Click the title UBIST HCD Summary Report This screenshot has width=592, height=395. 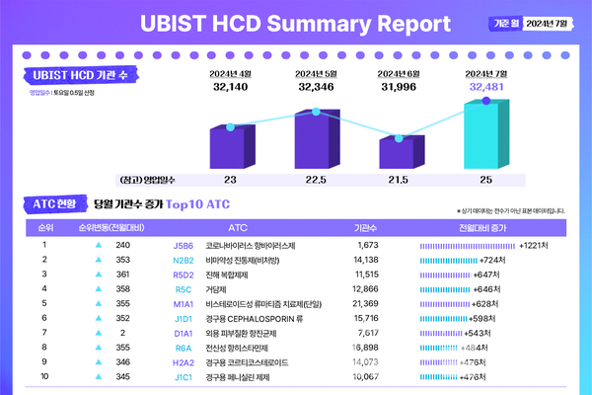click(x=296, y=23)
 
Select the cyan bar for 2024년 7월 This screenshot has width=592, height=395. click(x=481, y=135)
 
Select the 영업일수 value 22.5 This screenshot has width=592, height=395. click(x=317, y=181)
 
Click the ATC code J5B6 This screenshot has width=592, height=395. click(x=184, y=244)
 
